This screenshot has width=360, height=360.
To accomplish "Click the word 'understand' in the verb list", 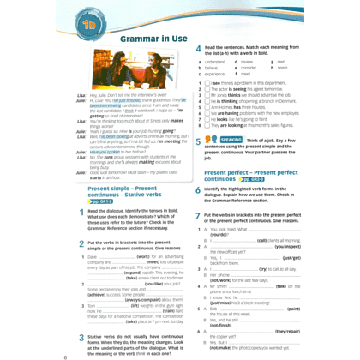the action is point(216,62).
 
